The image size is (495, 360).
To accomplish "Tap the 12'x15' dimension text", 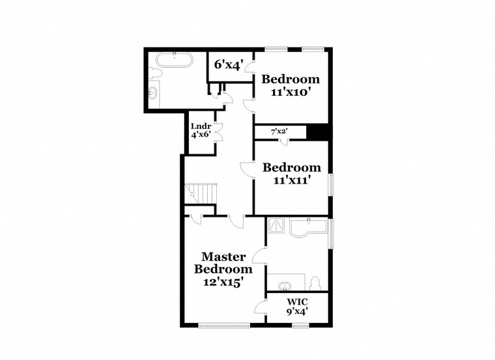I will pos(224,283).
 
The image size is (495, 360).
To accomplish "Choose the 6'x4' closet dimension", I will pos(228,65).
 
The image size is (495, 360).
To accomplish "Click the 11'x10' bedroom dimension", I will pos(290,92).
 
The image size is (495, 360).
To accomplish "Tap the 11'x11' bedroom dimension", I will pos(291,180).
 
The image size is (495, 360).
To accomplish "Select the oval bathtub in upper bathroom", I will pos(174,62).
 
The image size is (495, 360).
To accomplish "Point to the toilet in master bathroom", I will pos(315,283).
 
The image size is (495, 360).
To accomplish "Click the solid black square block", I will pos(317,132).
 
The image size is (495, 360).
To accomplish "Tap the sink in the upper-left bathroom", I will pos(154,92).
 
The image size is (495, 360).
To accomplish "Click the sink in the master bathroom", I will pos(285,284).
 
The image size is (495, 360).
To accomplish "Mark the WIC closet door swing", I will pos(261,309).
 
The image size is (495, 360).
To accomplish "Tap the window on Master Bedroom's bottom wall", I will pos(223,324).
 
